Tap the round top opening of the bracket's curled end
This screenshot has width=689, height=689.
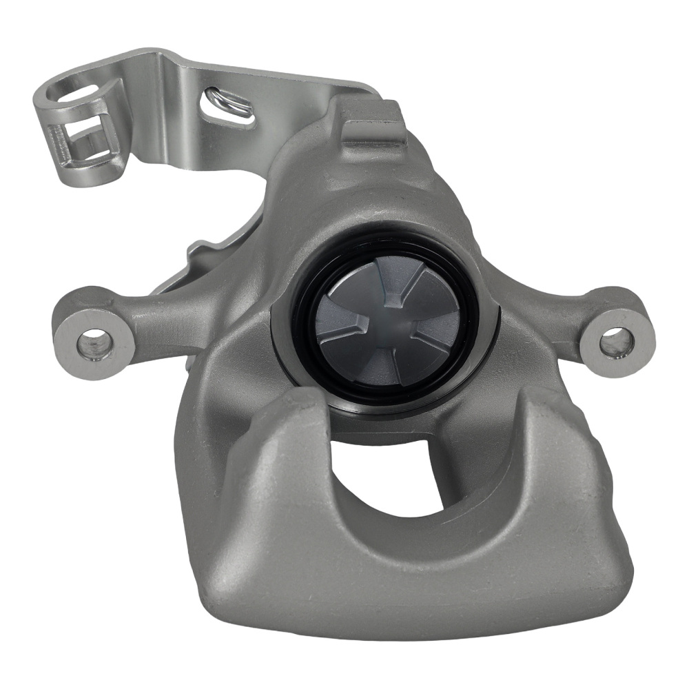(77, 92)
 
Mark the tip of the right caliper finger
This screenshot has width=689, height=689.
(544, 407)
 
